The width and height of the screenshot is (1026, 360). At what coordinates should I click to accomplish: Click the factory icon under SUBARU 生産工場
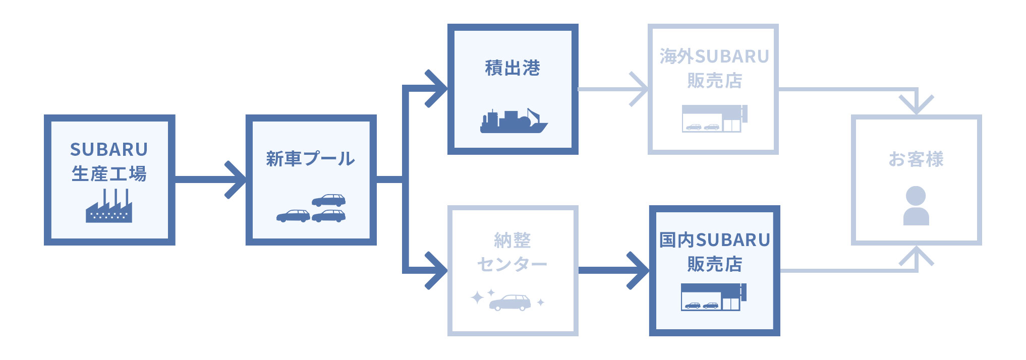coord(109,206)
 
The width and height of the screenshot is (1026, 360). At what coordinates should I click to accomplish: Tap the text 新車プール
coord(310,159)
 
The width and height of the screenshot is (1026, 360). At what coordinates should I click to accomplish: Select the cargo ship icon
coord(513,121)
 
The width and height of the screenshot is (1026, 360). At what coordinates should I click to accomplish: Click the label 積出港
coord(512,68)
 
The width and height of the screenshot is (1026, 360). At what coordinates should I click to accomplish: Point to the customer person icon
coord(916,205)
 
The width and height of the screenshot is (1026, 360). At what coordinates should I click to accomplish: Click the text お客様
coord(916,159)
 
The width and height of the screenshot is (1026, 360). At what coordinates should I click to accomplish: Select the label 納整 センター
coord(512,252)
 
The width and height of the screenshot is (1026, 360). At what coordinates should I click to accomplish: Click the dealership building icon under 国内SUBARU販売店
coord(713,296)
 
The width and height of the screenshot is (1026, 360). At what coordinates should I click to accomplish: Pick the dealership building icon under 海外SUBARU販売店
coord(714,118)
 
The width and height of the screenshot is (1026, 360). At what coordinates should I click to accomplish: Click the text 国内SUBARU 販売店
coord(714,252)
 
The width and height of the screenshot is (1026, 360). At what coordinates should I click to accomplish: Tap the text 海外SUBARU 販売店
coord(714,68)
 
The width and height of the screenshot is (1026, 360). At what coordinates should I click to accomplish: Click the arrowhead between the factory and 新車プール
coord(236,179)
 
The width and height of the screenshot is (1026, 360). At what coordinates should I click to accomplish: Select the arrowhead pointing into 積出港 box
coord(437,89)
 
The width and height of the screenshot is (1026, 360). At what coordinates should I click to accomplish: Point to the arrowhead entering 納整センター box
coord(437,271)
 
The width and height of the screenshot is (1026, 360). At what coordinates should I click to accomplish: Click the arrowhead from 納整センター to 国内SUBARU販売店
coord(639,271)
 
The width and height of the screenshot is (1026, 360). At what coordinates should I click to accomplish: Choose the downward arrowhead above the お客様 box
coord(916,105)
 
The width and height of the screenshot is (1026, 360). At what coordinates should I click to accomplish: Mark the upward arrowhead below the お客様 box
coord(916,256)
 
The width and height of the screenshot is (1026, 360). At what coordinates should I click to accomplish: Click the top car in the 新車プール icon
coord(328,200)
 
